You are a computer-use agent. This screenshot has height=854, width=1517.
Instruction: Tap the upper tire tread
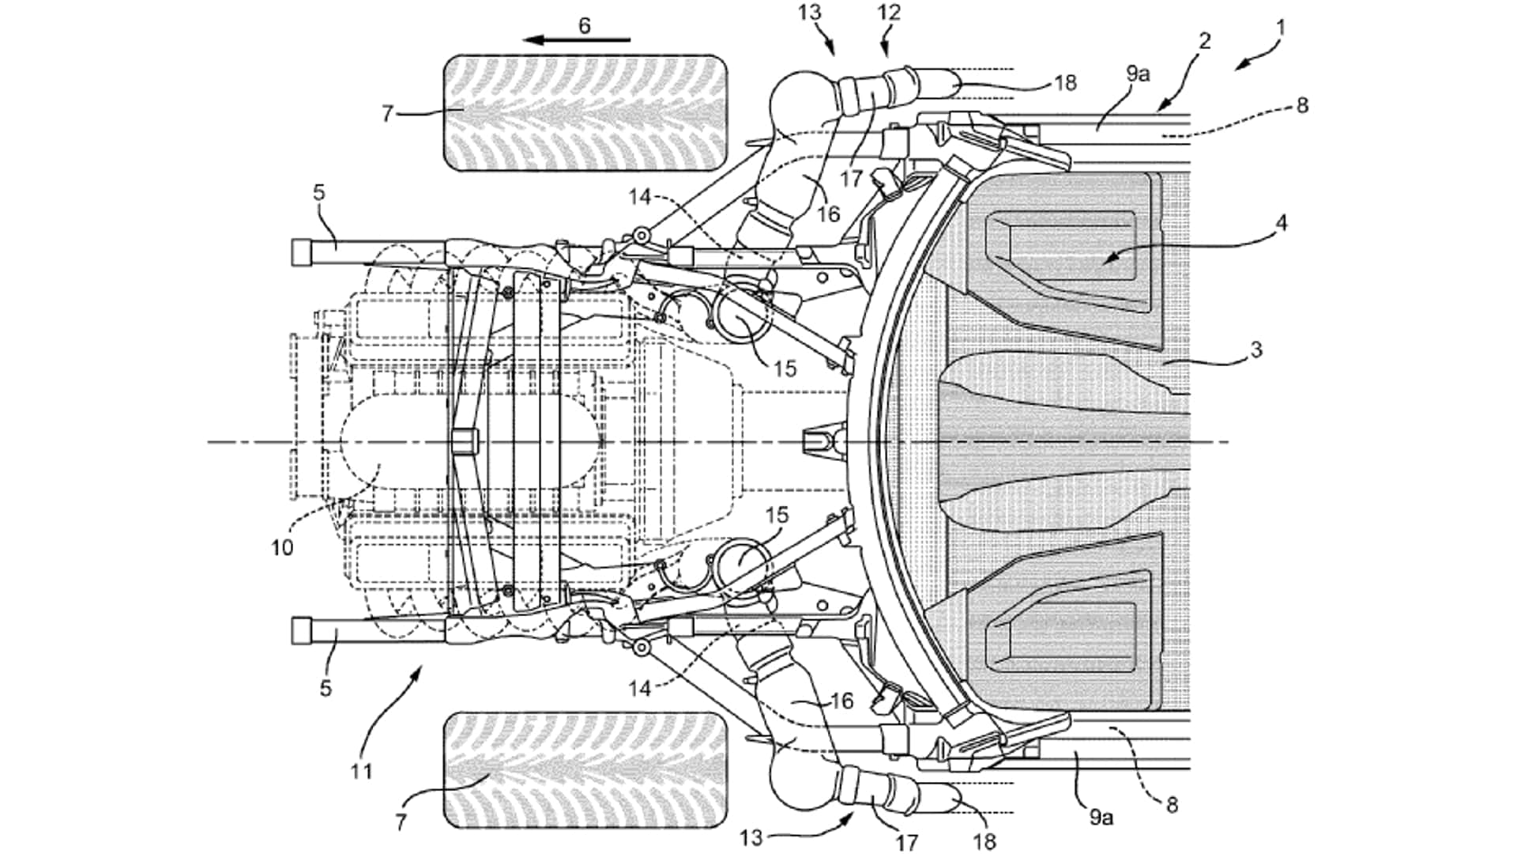tap(585, 113)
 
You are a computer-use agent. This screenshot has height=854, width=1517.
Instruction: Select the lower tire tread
tap(585, 770)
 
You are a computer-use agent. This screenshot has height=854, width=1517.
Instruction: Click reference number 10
tap(282, 547)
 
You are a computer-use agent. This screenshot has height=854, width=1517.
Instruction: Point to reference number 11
tap(361, 770)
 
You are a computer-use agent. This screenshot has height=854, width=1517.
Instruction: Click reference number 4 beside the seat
tap(1282, 223)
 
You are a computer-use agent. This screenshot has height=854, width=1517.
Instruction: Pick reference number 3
tap(1256, 349)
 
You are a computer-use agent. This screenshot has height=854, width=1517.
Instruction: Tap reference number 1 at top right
tap(1281, 28)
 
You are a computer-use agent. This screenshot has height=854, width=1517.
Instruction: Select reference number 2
tap(1204, 40)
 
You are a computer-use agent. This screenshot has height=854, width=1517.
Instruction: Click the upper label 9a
tap(1138, 74)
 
